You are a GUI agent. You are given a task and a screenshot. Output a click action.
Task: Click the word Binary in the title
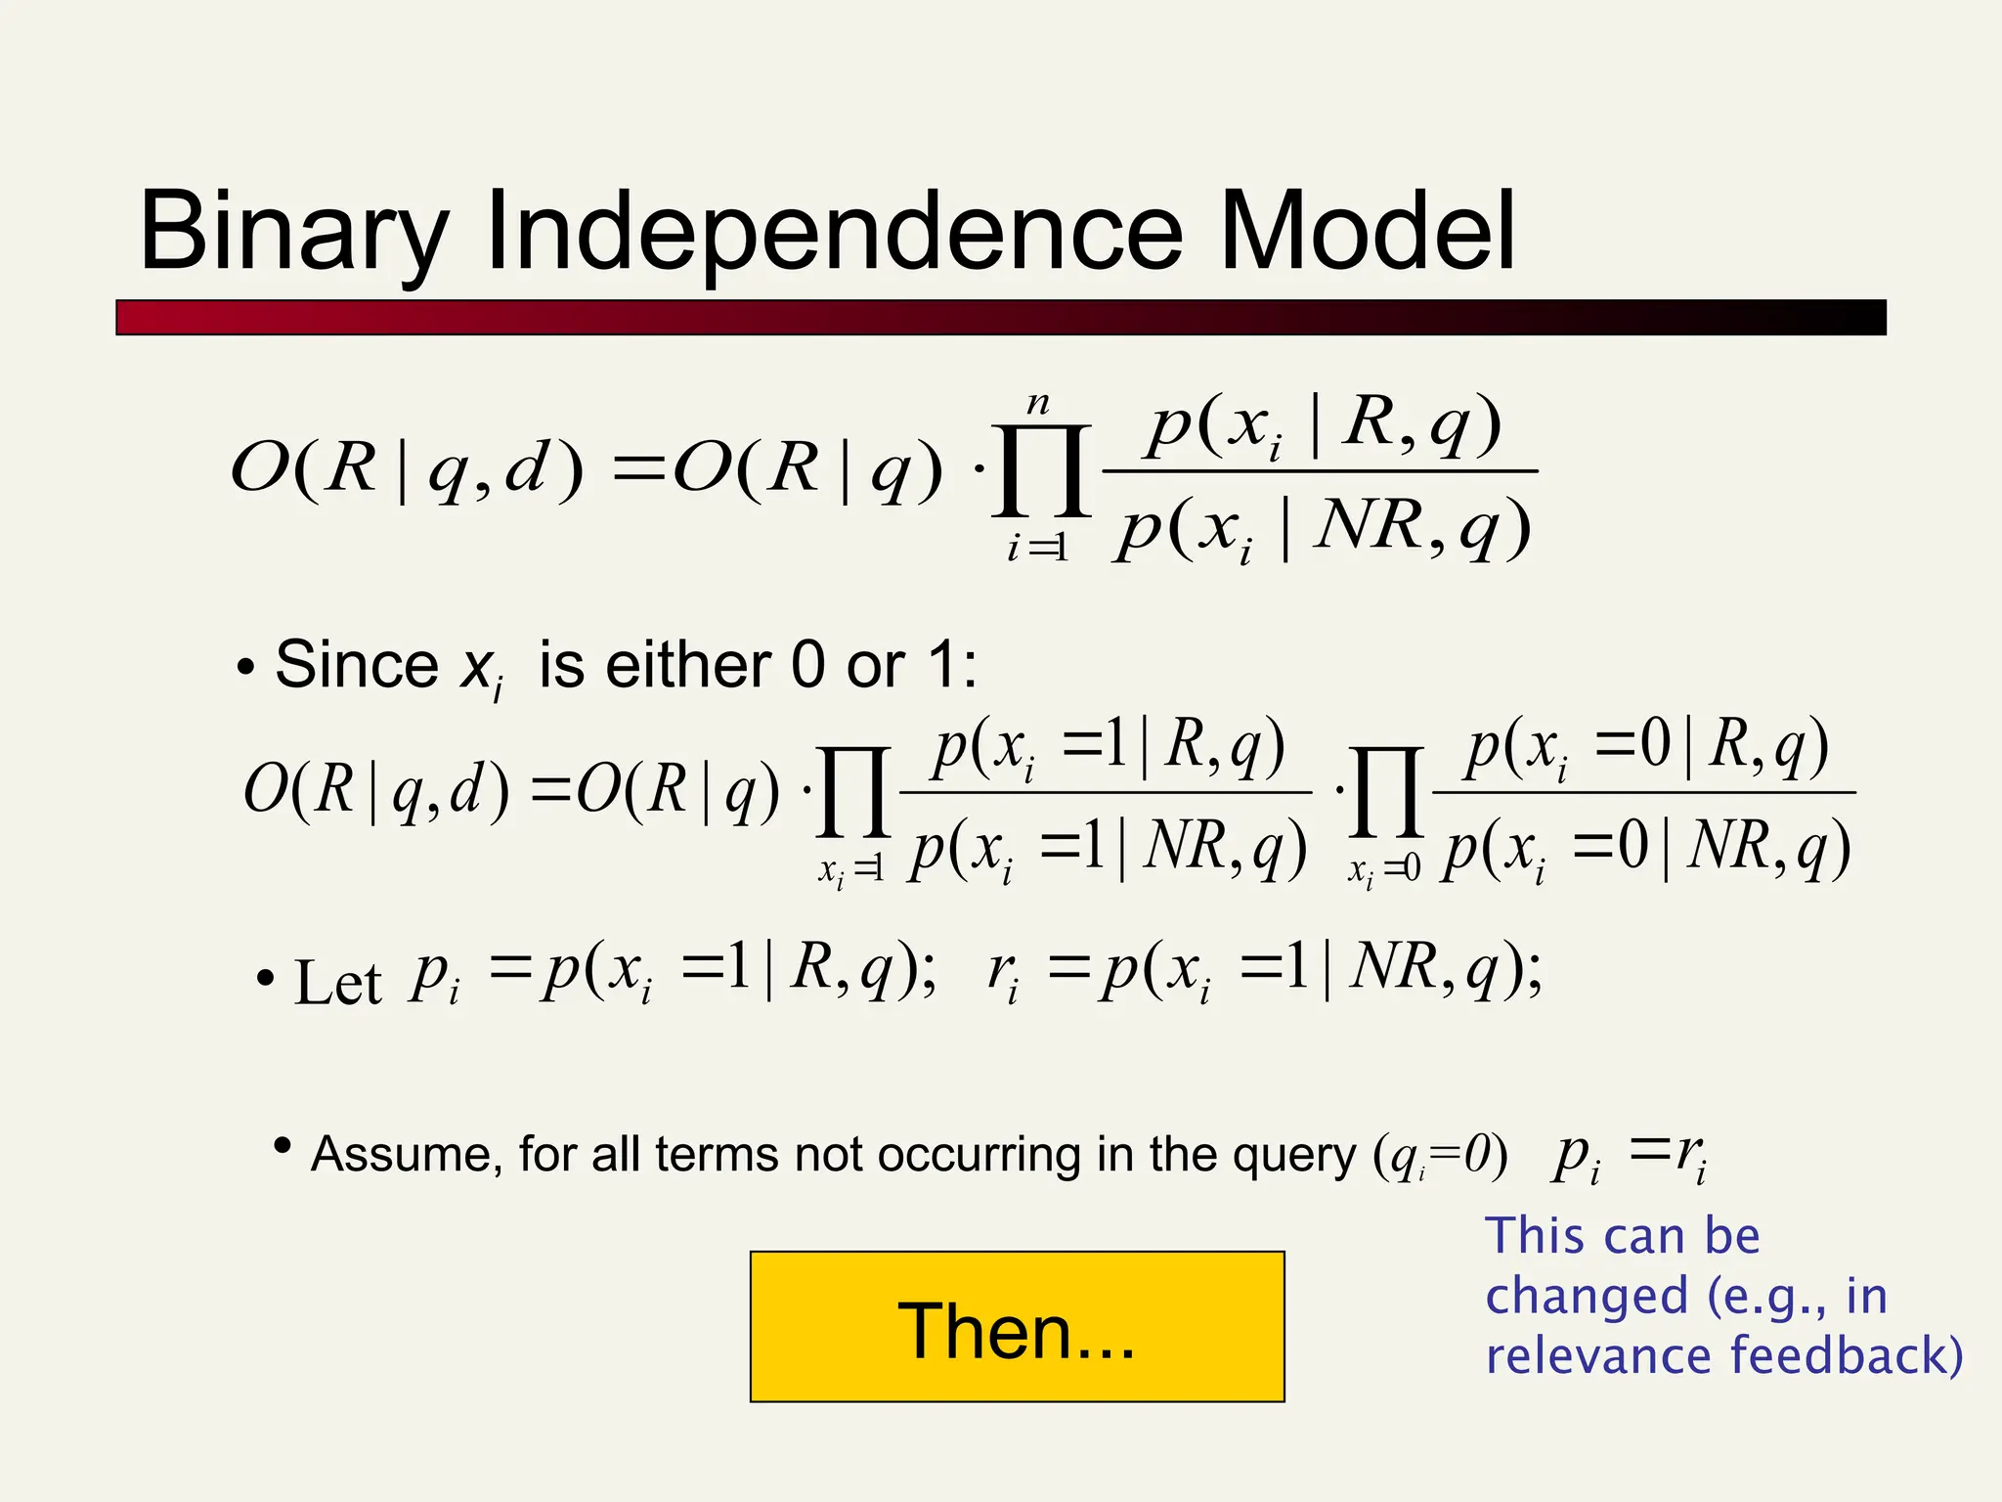click(x=293, y=233)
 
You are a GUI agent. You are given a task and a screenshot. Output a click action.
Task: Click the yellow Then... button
click(x=1017, y=1327)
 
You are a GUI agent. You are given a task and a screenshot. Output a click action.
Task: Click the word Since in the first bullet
click(x=356, y=665)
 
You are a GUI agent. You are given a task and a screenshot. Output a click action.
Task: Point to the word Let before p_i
click(x=337, y=982)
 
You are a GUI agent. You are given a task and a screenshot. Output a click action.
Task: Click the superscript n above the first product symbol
click(x=1038, y=403)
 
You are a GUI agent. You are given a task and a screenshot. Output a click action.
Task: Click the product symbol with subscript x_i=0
click(x=1385, y=792)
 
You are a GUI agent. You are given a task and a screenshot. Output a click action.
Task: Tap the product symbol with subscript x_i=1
click(x=854, y=792)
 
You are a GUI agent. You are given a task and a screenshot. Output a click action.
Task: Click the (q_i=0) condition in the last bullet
click(x=1440, y=1156)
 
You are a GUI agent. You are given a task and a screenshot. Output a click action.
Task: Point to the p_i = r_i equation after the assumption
click(x=1629, y=1156)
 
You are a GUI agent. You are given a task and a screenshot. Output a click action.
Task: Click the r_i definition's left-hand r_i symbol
click(x=1003, y=974)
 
